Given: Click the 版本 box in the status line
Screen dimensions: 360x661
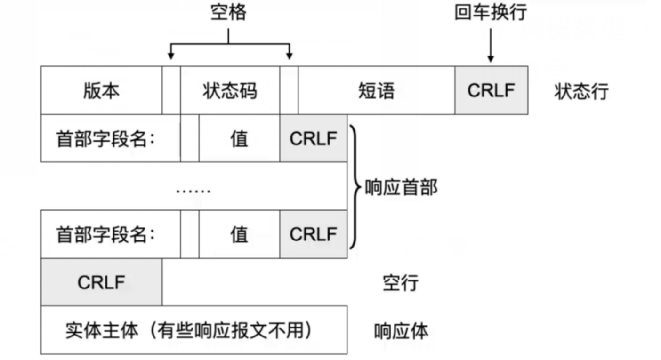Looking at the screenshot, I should point(101,90).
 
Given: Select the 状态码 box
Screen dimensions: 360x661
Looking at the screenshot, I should point(230,90).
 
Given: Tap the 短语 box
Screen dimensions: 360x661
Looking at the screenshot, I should point(376,90).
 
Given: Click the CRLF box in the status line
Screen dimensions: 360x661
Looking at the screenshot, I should point(491,90).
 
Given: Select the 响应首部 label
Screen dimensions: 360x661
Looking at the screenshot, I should point(401,187).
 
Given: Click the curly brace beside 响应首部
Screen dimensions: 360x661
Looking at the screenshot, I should point(354,187).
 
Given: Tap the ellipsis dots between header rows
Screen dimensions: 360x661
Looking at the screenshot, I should point(193,190).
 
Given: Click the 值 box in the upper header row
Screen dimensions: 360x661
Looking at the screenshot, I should point(239,139).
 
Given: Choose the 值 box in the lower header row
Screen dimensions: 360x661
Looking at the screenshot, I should point(239,234).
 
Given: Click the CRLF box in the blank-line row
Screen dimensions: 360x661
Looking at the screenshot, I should point(101,282).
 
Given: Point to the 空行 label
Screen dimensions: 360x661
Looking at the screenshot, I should point(400,283).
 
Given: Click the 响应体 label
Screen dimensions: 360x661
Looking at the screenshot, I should point(401,331).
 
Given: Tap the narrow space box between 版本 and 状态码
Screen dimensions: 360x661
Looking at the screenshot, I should point(171,90).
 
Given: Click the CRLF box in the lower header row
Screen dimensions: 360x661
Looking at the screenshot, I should point(313,234).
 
